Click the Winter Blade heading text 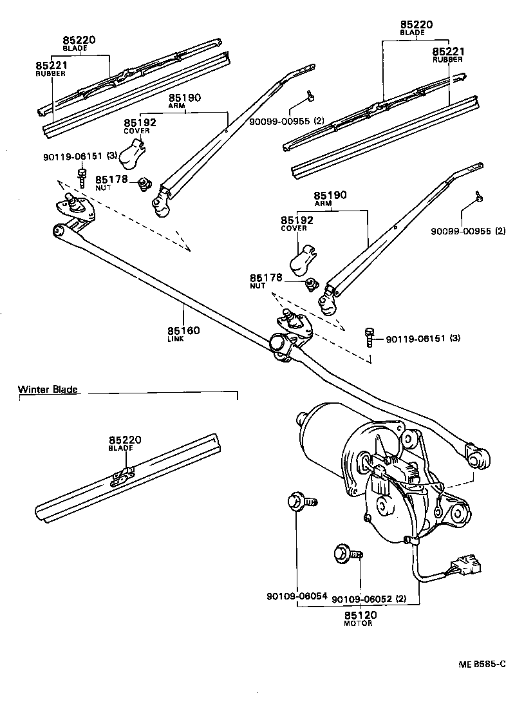(48, 390)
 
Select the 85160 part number (184, 330)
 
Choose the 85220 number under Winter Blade (124, 440)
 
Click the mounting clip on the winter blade (122, 475)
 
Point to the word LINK (175, 339)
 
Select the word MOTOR (359, 623)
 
